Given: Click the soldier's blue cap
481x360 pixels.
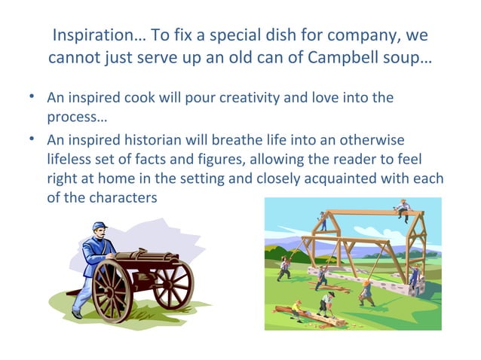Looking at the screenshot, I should pos(100,226).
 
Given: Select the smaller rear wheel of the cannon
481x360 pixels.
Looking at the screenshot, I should pos(173,284).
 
